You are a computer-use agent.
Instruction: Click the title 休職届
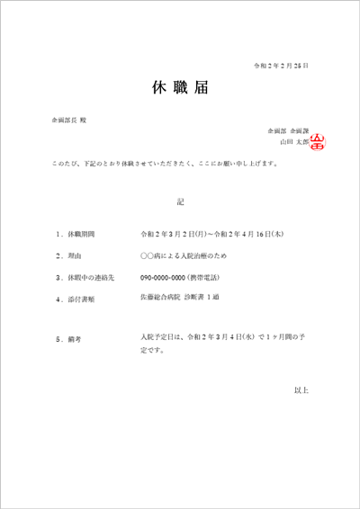180,88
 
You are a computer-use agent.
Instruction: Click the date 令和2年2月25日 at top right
282,66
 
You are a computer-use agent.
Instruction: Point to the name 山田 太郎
293,141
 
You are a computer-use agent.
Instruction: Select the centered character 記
180,201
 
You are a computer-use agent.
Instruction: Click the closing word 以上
301,389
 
